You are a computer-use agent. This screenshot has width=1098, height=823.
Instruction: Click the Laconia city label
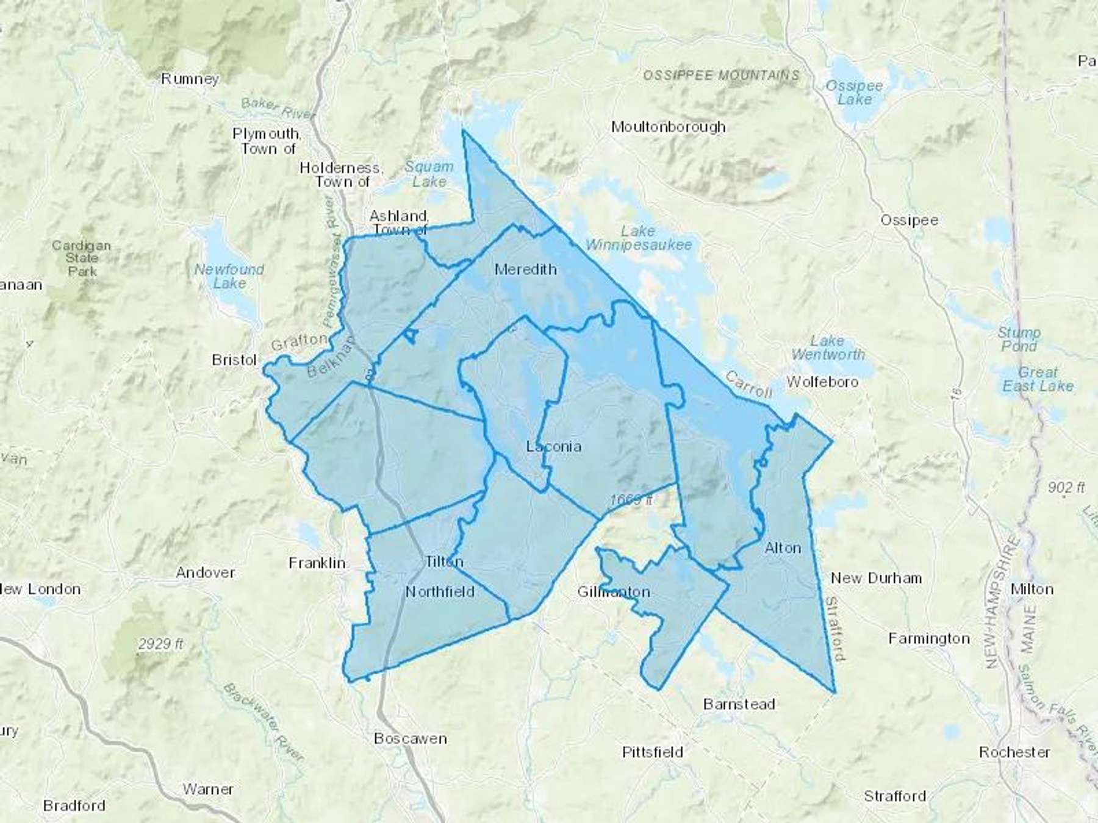coord(553,446)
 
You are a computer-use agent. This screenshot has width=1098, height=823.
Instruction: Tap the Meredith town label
coord(525,269)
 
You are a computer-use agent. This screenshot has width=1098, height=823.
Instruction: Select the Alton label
coord(783,548)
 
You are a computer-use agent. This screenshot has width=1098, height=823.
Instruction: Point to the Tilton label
coord(444,561)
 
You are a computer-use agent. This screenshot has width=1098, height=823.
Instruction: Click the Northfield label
coord(440,591)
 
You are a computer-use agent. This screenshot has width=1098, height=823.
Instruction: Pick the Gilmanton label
coord(614,591)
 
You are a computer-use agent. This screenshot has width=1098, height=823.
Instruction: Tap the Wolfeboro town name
coord(822,382)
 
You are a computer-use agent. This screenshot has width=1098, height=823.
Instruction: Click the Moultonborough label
coord(668,127)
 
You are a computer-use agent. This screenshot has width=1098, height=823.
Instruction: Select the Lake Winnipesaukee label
coord(639,238)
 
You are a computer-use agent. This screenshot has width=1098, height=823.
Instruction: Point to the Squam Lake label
coord(429,174)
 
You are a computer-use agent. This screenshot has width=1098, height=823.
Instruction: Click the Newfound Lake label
coord(229,276)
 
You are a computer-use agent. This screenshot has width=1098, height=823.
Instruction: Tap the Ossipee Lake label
coord(854,92)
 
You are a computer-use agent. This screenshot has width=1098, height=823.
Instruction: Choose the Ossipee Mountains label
coord(721,75)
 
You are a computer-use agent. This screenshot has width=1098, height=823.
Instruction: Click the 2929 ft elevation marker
coord(160,643)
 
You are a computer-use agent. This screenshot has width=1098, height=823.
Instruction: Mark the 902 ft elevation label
coord(1066,487)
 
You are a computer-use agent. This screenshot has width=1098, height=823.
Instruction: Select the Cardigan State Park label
coord(81,258)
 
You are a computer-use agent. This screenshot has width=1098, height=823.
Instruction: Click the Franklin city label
coord(317,563)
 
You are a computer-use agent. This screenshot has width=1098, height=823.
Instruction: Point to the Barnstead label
coord(739,704)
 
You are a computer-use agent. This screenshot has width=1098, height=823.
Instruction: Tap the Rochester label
coord(1014,752)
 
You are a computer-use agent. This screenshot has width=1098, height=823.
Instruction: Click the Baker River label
coord(278,109)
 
